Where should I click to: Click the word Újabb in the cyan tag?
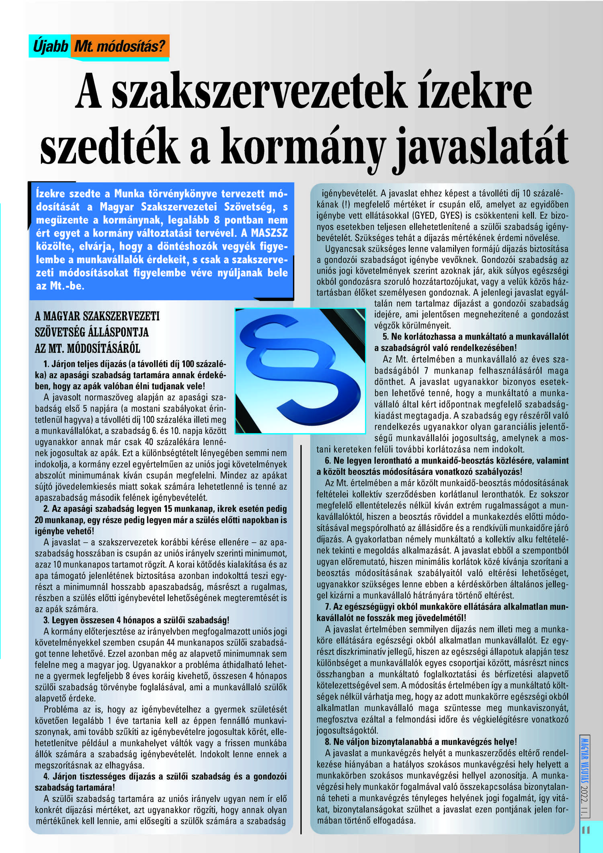pos(50,47)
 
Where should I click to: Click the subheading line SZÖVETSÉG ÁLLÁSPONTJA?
pos(92,332)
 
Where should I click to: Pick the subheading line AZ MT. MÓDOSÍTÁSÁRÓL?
pos(87,349)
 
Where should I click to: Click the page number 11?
pos(586,829)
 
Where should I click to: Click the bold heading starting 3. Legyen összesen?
pos(136,620)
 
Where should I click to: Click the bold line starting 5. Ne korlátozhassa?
pos(476,337)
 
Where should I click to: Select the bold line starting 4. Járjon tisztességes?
pos(165,777)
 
